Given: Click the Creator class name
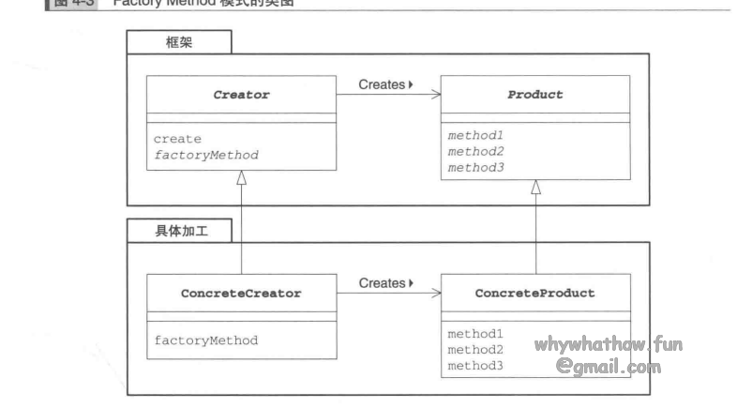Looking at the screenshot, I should coord(242,95).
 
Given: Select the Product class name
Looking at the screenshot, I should coord(535,95).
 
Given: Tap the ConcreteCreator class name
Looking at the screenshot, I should coord(241,293).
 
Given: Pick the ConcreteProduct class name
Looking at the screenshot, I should coord(534,293).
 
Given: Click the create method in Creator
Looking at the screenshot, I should coord(177,139).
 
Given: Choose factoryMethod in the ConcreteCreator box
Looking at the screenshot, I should coord(205,340).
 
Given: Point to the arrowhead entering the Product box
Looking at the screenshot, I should coord(437,95).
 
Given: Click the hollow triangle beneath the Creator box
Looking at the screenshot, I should coord(242,178).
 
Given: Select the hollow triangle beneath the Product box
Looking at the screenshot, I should coord(535,188).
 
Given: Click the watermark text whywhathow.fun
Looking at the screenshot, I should coord(609,344).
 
